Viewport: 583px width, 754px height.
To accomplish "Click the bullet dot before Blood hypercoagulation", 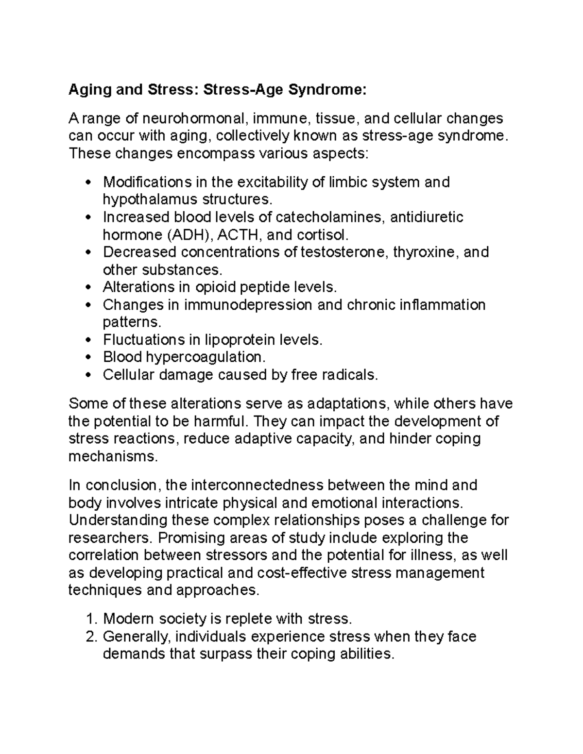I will click(88, 358).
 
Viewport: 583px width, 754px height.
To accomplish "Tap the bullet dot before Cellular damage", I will click(88, 375).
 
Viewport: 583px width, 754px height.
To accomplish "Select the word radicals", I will click(349, 375).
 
